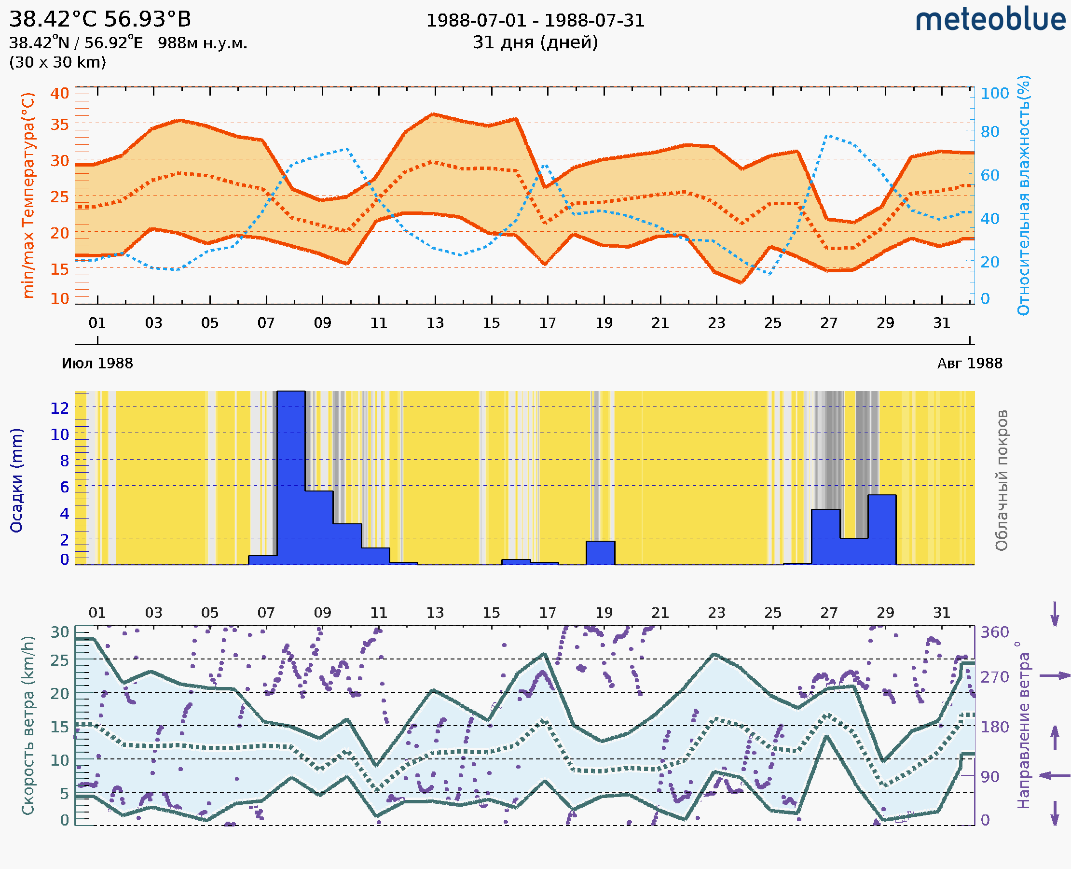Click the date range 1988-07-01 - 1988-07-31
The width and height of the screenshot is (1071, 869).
[x=535, y=21]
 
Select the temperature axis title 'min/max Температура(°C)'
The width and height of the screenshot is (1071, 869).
[x=28, y=195]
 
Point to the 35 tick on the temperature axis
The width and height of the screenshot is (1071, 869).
[x=59, y=124]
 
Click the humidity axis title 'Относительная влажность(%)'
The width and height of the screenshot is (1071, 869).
[x=1023, y=195]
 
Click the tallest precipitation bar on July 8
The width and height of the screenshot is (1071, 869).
[x=291, y=477]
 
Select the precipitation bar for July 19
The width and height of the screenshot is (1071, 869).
[x=600, y=553]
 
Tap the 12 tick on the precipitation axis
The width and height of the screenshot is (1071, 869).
[x=59, y=408]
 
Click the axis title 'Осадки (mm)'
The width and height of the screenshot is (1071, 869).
[x=16, y=480]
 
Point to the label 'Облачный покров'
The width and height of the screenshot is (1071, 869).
[x=1002, y=480]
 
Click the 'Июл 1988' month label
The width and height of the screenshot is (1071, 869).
[x=97, y=364]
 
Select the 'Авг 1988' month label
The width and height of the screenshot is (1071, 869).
[x=970, y=364]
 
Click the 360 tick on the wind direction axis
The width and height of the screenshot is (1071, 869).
[x=994, y=632]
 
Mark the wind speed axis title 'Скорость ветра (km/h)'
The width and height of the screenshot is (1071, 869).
[x=28, y=726]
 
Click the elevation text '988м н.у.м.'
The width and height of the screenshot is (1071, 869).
[x=203, y=43]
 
